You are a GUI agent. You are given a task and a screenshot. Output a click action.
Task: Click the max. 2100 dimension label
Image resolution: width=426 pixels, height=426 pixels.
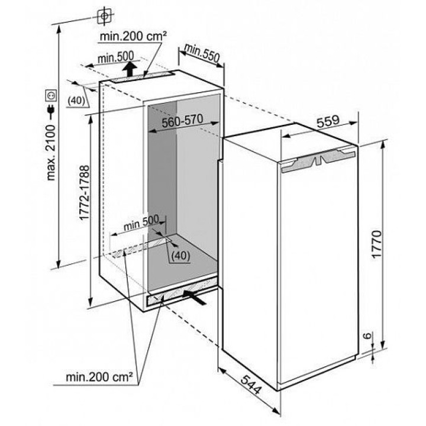point(51,153)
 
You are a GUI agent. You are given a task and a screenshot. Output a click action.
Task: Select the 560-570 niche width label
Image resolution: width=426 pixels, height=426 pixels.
point(182,121)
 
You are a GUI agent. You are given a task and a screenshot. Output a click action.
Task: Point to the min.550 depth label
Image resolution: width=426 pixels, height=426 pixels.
point(202,53)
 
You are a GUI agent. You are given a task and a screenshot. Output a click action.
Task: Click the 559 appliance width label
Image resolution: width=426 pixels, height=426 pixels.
point(328,121)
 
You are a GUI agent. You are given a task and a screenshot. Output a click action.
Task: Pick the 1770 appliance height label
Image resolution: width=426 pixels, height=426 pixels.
point(377,244)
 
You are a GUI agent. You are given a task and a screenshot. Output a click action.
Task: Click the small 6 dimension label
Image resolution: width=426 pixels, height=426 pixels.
point(367,335)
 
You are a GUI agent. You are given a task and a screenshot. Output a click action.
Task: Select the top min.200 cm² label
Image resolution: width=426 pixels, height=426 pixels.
point(133,36)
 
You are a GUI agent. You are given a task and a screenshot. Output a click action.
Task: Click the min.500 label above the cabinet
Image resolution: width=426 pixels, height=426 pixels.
point(116,57)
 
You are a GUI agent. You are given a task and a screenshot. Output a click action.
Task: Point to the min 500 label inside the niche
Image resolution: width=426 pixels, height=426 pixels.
point(141,223)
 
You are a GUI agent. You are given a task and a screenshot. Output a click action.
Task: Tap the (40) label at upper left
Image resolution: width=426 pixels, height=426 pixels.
point(76,101)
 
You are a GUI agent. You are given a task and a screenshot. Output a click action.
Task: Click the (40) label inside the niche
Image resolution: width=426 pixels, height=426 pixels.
point(181,256)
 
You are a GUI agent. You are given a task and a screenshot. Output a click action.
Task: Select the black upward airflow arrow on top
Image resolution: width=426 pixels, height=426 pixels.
point(130,69)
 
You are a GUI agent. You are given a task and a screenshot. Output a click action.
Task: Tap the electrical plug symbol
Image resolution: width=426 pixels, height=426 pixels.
point(51,110)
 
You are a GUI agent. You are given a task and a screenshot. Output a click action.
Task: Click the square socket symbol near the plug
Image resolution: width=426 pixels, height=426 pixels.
point(51,95)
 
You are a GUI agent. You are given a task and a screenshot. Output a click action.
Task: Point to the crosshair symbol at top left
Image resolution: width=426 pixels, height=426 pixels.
point(105,17)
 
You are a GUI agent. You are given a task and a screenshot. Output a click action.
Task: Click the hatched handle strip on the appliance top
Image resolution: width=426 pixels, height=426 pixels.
point(318,160)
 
